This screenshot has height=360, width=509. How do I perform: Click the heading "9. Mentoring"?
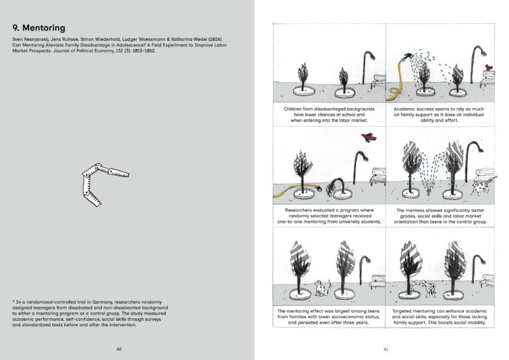pyautogui.click(x=39, y=28)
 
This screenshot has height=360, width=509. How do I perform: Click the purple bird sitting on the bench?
pyautogui.click(x=489, y=67)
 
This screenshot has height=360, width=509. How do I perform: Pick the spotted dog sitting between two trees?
pyautogui.click(x=323, y=287)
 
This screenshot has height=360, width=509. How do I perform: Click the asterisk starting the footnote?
pyautogui.click(x=14, y=302)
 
